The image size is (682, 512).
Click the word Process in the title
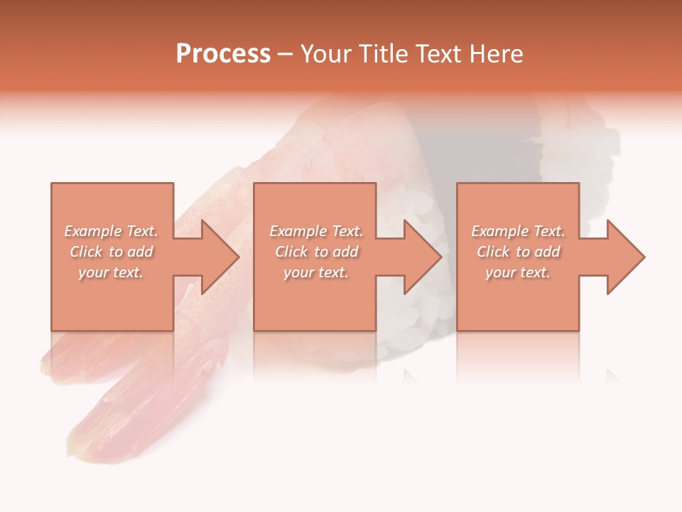pyautogui.click(x=223, y=54)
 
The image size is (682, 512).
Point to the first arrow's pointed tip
pyautogui.click(x=238, y=257)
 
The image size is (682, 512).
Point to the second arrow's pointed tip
pyautogui.click(x=440, y=257)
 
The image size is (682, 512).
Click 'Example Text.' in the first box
pyautogui.click(x=112, y=231)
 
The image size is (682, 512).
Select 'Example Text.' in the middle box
pyautogui.click(x=316, y=231)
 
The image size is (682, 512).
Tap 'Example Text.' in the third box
pyautogui.click(x=518, y=231)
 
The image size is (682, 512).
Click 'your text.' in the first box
pyautogui.click(x=111, y=272)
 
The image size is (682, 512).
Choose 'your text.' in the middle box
pyautogui.click(x=315, y=272)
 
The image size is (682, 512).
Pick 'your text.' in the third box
pyautogui.click(x=517, y=272)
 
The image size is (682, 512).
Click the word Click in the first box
pyautogui.click(x=86, y=252)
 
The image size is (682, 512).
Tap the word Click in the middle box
pyautogui.click(x=291, y=252)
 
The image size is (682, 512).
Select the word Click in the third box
pyautogui.click(x=493, y=252)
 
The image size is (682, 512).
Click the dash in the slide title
pyautogui.click(x=286, y=54)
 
